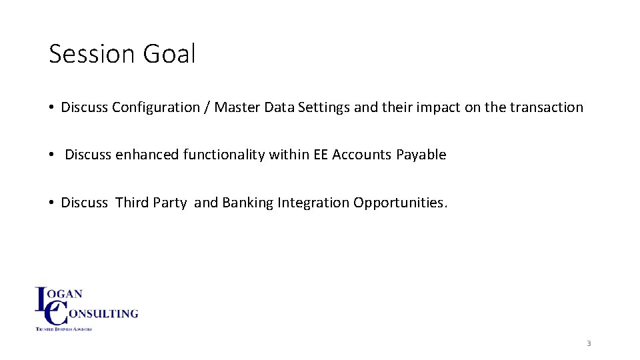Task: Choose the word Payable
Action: pos(421,155)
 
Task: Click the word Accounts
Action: pos(363,155)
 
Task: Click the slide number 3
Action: pos(589,343)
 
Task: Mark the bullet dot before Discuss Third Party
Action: pos(51,203)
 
